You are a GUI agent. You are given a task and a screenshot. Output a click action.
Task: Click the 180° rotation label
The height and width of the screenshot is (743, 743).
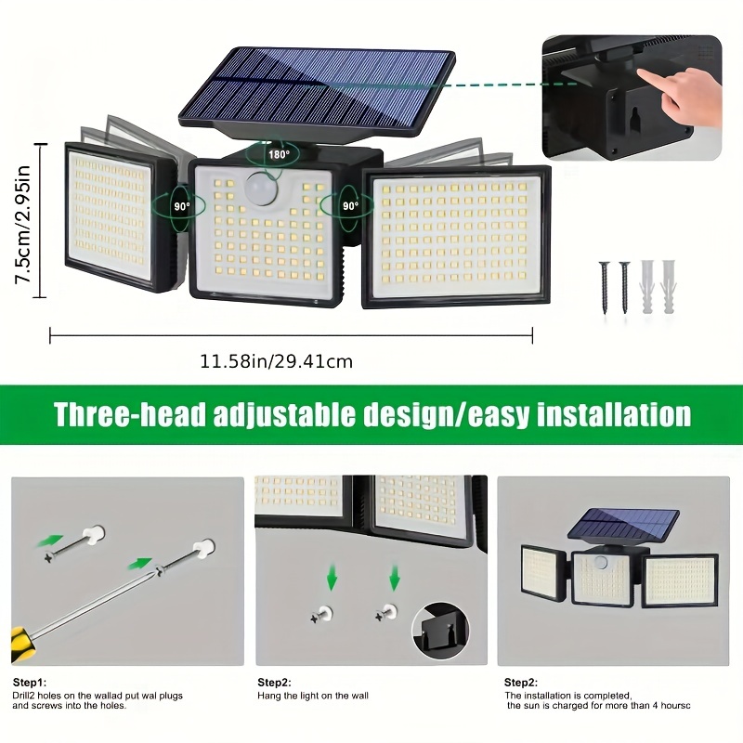coord(279,155)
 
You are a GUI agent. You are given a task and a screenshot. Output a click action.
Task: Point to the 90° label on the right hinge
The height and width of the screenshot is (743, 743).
coord(350,205)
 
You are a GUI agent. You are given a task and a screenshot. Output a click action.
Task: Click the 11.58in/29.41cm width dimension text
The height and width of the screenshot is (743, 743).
coord(277,361)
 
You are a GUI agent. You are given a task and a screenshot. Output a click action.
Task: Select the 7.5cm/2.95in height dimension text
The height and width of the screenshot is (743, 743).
coord(23,220)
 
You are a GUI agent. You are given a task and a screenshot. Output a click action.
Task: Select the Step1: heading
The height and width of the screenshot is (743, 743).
coord(28,682)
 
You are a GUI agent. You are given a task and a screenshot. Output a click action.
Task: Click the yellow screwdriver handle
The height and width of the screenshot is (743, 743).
coord(18,643)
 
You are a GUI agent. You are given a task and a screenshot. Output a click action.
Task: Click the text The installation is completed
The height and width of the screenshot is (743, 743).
coord(567,695)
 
